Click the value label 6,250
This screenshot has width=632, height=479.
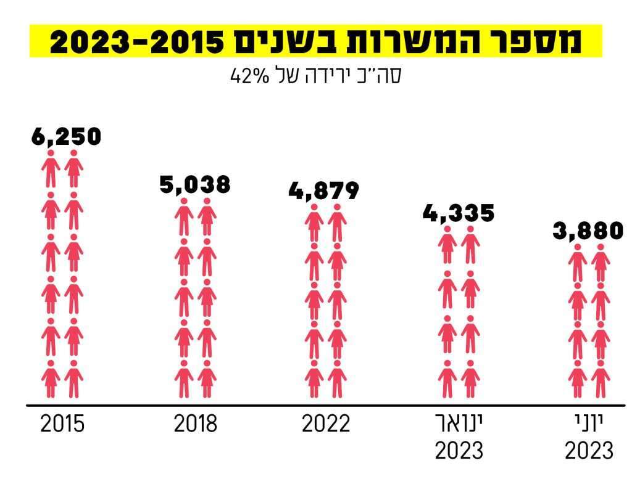point(66,137)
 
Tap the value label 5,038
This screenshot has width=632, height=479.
point(195,184)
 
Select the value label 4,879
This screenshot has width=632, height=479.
point(323,190)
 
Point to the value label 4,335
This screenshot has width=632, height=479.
point(459,213)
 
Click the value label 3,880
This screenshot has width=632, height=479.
point(588,231)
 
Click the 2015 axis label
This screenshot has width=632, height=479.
point(62,425)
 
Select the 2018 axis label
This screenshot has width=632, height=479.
point(195,425)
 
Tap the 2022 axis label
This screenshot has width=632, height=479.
point(325,425)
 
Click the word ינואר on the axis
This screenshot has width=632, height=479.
point(459,424)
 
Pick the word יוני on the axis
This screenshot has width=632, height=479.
point(588,424)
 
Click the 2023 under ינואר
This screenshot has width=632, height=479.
point(459,451)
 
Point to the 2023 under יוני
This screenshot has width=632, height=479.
point(589,451)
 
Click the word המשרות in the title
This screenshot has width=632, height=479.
point(408,41)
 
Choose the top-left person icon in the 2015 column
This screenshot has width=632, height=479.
point(51,168)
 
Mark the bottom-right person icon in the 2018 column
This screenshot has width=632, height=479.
point(207,379)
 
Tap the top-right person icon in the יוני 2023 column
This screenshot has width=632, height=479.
point(600,263)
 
